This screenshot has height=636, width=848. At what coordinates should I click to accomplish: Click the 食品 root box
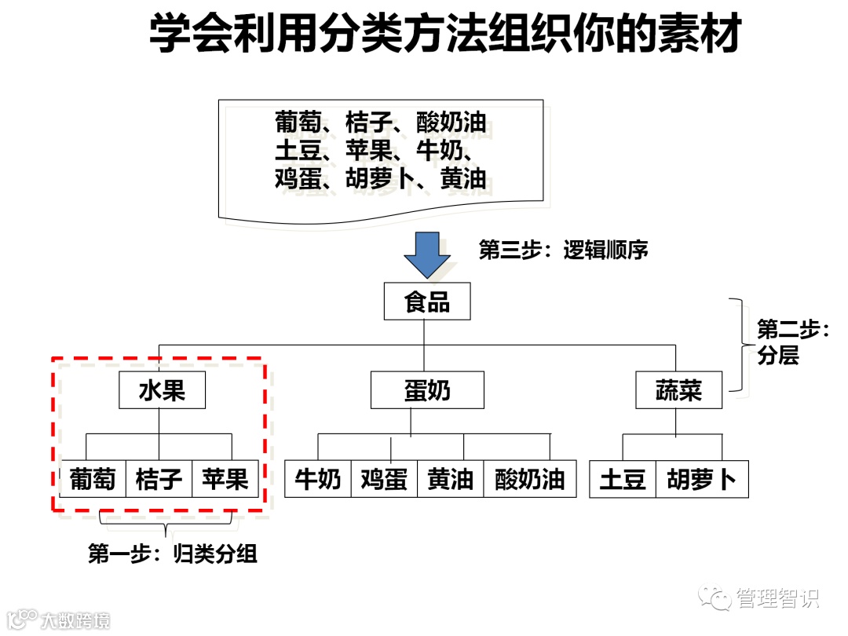427,302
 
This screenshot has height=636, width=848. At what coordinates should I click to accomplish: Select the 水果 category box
162,390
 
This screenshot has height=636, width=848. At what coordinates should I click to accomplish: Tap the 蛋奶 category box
427,390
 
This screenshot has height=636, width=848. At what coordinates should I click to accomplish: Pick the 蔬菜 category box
678,390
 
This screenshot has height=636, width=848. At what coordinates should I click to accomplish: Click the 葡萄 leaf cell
93,479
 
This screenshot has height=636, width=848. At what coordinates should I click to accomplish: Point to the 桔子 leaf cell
159,479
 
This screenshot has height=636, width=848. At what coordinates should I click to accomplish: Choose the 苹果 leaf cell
225,479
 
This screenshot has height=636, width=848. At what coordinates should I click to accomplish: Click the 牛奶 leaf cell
317,479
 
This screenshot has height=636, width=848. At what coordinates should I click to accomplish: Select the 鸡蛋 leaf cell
384,479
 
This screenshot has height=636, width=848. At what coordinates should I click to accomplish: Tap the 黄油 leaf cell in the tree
450,479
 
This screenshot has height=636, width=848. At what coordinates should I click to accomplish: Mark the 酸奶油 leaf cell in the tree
529,479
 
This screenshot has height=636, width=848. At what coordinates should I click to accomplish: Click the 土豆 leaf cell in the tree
622,479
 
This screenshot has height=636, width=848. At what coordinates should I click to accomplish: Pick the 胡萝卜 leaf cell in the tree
702,479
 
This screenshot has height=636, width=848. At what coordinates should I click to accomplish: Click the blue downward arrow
427,254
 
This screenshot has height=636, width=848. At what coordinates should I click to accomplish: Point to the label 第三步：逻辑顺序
564,250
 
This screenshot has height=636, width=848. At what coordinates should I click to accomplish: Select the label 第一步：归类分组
173,554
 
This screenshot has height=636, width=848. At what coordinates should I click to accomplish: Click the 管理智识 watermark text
777,598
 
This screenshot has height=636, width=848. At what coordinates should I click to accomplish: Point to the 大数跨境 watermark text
75,620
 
